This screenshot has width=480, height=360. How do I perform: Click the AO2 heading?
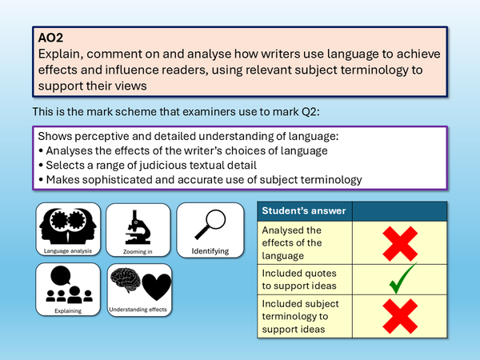point(50,37)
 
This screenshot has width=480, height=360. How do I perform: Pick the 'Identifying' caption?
point(210,251)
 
